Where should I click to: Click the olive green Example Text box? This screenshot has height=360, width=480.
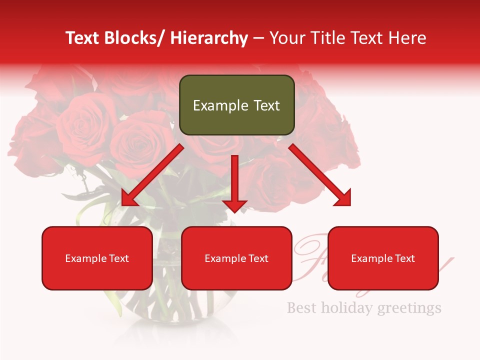[236, 105]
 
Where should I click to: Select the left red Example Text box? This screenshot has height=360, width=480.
[97, 258]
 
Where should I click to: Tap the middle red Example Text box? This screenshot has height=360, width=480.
[236, 258]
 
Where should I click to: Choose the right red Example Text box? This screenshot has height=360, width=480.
[383, 258]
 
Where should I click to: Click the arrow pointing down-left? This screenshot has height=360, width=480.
[152, 175]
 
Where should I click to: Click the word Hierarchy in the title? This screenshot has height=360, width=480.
[208, 38]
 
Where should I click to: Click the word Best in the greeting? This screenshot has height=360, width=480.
[301, 307]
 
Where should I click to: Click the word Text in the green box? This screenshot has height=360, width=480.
[264, 105]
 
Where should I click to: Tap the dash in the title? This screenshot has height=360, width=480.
[258, 38]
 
